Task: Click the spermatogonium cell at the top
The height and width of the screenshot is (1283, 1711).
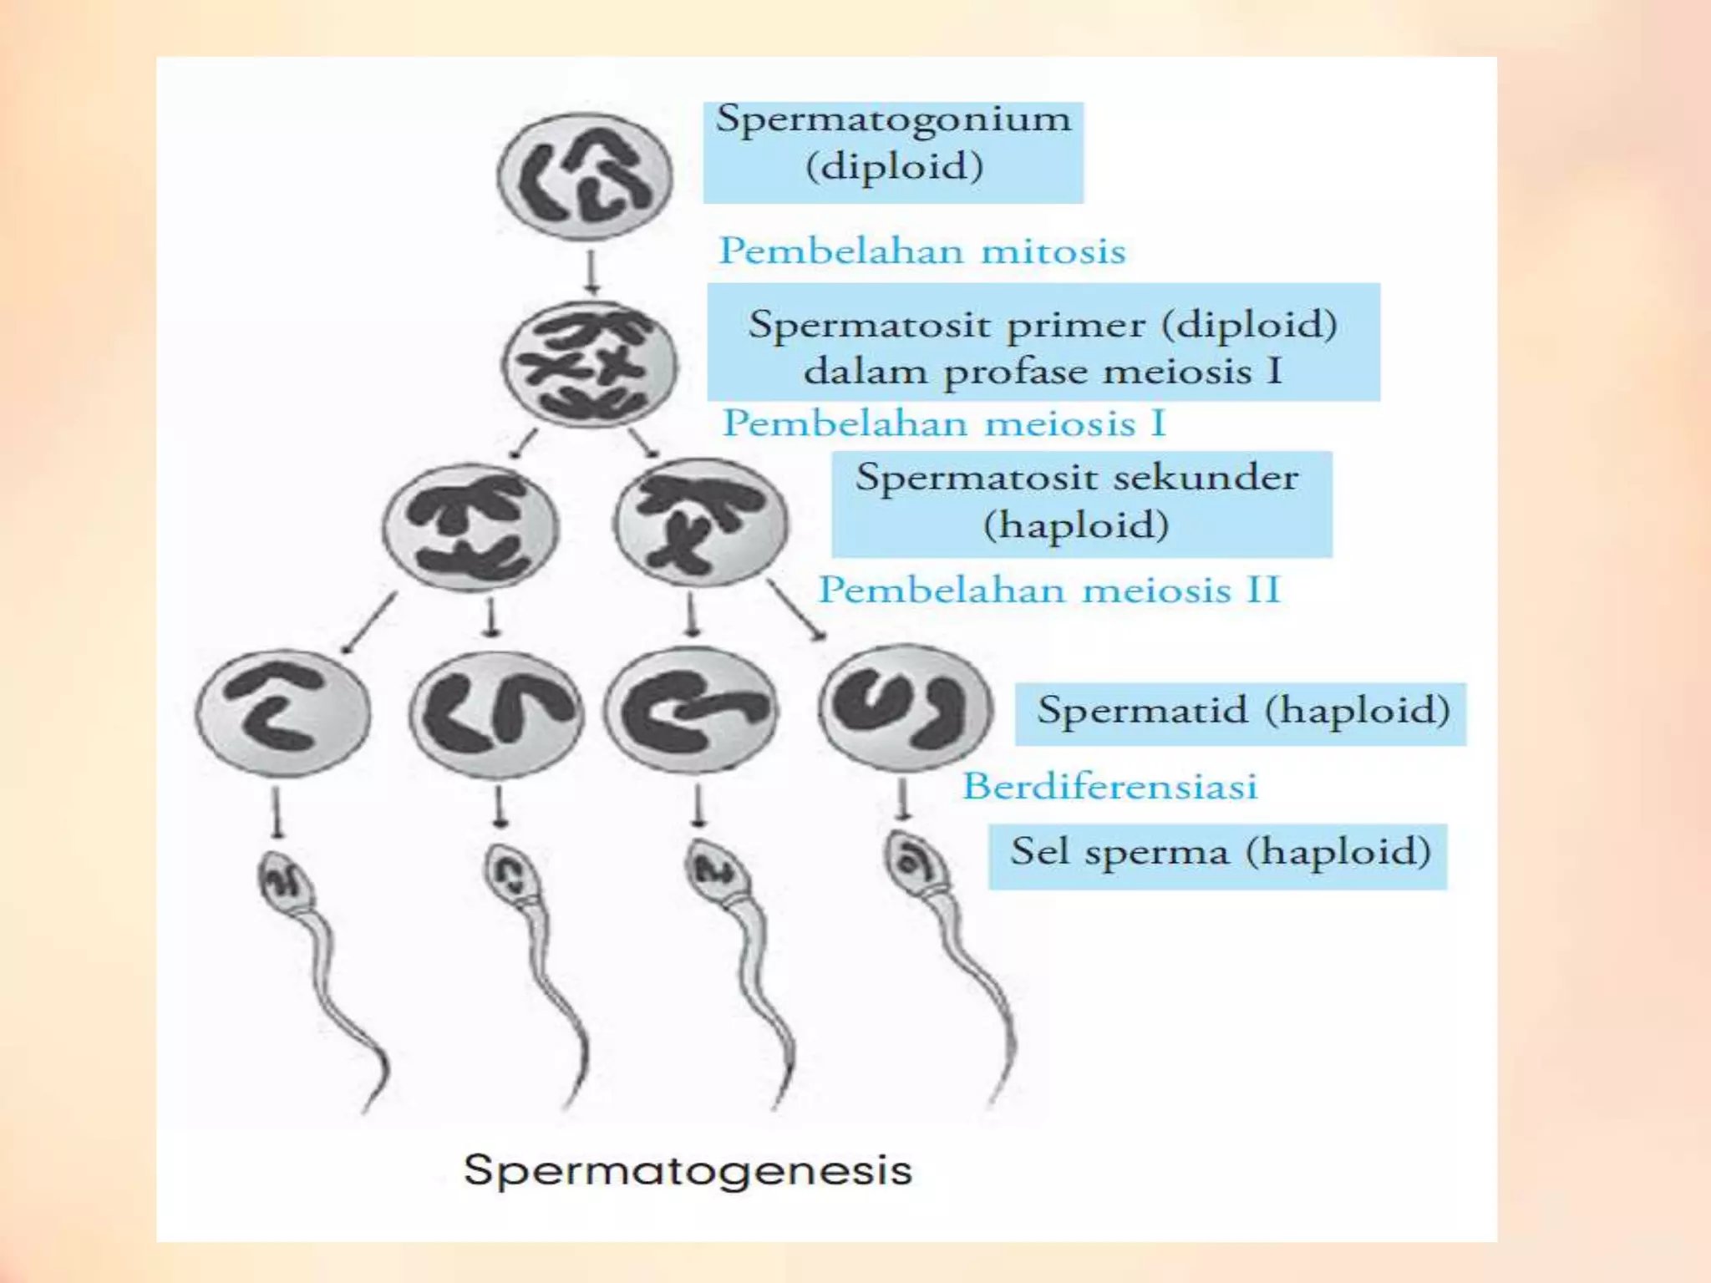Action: coord(585,176)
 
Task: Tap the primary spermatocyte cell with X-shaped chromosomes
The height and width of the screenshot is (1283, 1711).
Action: coord(590,364)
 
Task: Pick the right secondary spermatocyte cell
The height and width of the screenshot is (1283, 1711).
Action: coord(700,522)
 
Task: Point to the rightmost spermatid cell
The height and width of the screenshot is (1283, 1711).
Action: coord(906,707)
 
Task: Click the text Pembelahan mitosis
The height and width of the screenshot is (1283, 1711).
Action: coord(922,251)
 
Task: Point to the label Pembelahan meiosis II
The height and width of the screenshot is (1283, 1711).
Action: coord(1049,590)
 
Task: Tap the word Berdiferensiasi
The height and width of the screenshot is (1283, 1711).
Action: coord(1110,786)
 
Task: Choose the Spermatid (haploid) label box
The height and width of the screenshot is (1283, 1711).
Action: coord(1241,714)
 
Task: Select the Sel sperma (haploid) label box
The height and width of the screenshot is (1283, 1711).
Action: coord(1218,856)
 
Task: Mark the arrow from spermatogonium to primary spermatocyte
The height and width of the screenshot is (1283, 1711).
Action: coord(591,272)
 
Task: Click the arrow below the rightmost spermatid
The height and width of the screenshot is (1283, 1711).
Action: coord(902,800)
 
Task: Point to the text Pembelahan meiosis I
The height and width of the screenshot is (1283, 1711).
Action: coord(944,423)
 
